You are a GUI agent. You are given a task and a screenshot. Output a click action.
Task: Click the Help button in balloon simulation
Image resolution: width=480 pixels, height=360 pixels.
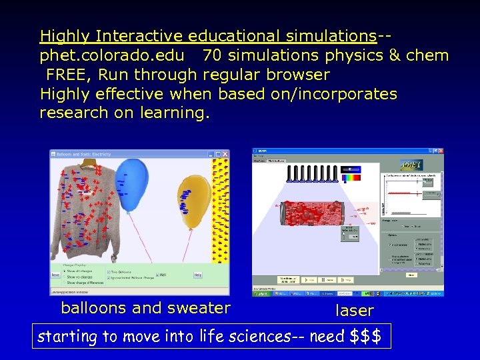[197, 275]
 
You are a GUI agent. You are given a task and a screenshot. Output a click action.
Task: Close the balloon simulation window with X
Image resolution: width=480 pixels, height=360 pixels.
[225, 154]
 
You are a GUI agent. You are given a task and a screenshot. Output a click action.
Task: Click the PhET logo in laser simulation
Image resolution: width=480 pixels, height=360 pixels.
[410, 165]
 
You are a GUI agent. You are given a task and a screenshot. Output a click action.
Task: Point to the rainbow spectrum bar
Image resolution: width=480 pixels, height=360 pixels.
[351, 177]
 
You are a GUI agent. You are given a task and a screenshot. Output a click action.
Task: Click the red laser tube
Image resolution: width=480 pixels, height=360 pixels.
[312, 215]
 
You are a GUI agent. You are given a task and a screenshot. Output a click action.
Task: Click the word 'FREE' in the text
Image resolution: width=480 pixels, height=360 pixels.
[65, 74]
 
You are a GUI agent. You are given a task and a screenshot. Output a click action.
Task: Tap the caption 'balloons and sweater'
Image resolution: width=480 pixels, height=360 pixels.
[145, 307]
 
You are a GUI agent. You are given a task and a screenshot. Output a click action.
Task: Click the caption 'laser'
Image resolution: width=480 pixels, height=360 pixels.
[354, 310]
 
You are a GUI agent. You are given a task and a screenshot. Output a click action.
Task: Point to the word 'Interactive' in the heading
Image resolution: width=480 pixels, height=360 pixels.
[139, 35]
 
